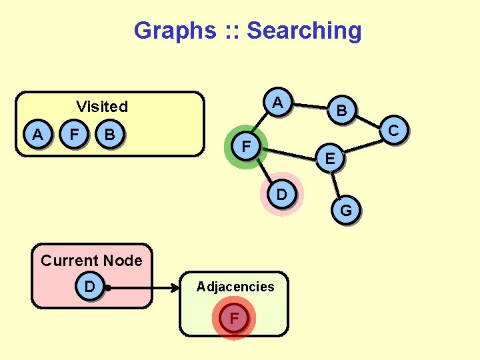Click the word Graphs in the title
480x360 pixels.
click(175, 31)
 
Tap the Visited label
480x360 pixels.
click(102, 107)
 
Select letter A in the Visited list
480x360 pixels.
click(38, 135)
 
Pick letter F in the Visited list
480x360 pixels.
click(75, 135)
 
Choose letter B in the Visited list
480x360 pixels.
click(110, 135)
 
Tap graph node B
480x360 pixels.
click(341, 111)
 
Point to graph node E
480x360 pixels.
click(330, 158)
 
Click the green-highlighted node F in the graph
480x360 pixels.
click(246, 145)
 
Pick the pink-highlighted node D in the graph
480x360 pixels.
click(281, 194)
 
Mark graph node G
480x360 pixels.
click(346, 211)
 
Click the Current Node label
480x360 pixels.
click(91, 261)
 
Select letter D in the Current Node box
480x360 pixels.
click(89, 287)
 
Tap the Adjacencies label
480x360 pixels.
click(235, 287)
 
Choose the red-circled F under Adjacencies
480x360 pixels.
click(234, 319)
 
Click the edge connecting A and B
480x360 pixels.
click(311, 107)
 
